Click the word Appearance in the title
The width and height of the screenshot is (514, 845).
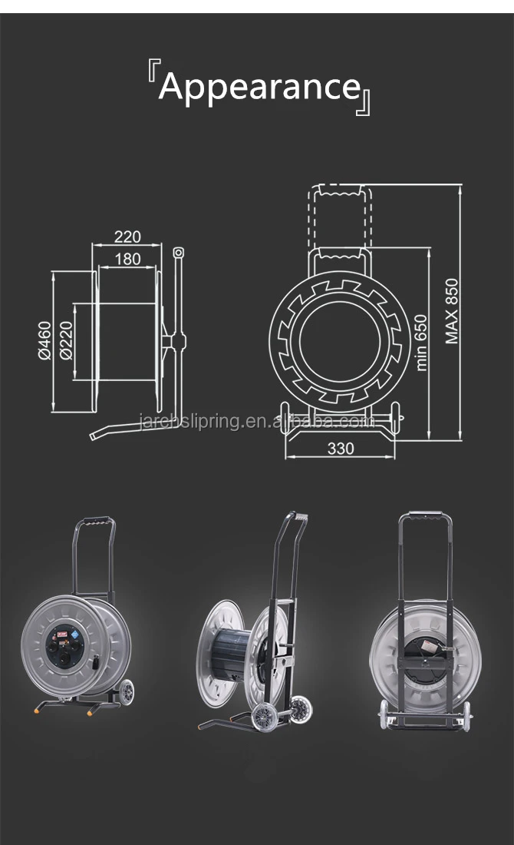click(259, 87)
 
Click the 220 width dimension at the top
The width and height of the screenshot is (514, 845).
click(127, 237)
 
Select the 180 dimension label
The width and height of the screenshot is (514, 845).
click(128, 259)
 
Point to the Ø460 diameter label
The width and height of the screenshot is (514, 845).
click(44, 340)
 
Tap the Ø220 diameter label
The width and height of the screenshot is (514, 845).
click(66, 340)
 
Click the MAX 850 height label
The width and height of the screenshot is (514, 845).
click(452, 311)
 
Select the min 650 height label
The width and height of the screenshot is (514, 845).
click(421, 342)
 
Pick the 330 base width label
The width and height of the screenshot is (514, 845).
click(340, 448)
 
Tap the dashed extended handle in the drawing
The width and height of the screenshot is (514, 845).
click(340, 215)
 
